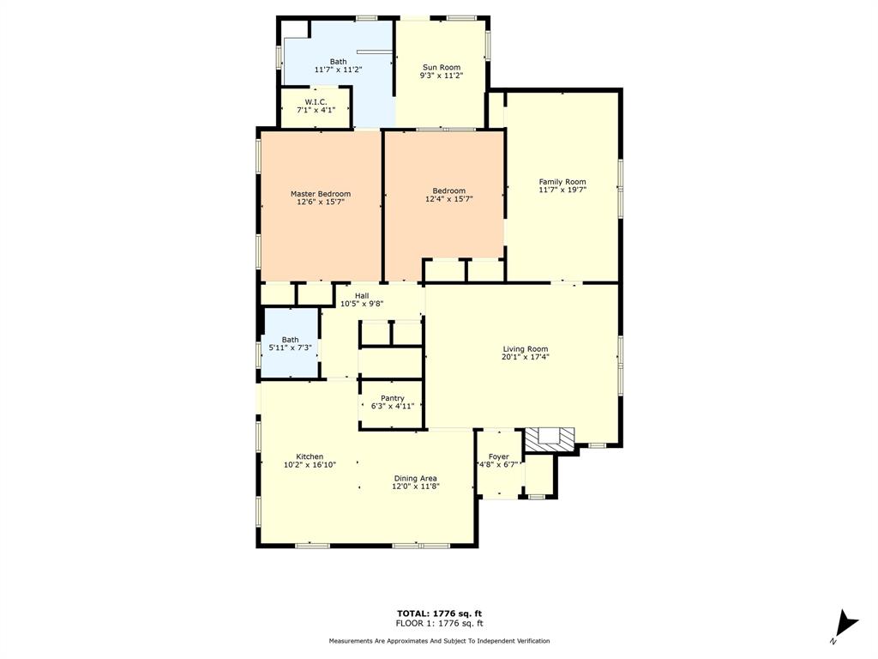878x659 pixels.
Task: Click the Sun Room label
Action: pos(442,67)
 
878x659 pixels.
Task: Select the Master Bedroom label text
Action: pos(320,194)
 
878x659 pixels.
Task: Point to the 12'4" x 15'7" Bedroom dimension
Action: pos(448,199)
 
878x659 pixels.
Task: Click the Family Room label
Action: pos(562,181)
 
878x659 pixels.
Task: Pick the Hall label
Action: pos(362,295)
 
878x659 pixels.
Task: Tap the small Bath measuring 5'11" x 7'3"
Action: pos(291,343)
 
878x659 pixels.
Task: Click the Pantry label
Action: pos(393,398)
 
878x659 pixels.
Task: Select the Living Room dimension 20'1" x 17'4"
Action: pos(525,357)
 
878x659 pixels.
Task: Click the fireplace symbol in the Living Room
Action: pos(549,440)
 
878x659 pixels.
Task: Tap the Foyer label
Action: pos(498,456)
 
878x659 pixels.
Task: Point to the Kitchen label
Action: pos(310,456)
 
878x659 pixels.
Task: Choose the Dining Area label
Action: pos(416,478)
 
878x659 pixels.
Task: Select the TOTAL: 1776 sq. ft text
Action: pos(439,613)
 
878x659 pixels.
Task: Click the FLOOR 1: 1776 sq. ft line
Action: pos(439,623)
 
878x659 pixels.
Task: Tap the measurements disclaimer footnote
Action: pos(439,641)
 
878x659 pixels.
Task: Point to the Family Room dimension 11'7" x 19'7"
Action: pos(562,190)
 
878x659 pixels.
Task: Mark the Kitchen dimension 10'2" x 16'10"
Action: pos(310,464)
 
